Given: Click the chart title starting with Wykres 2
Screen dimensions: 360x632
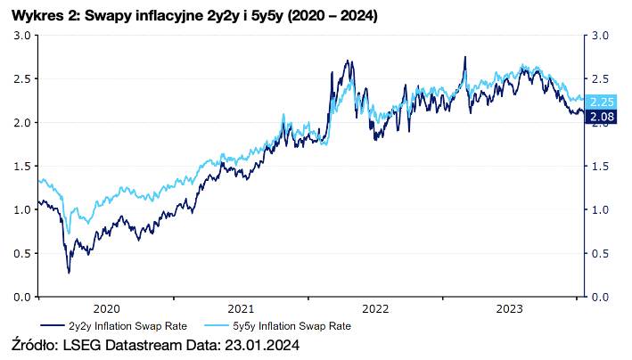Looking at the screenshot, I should [194, 16].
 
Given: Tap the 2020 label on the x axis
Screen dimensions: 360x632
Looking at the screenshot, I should [106, 308].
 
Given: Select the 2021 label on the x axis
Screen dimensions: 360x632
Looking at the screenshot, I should [241, 308].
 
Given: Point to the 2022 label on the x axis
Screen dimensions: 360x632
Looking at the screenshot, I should [375, 308].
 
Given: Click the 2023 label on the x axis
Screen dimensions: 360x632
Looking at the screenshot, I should [510, 308].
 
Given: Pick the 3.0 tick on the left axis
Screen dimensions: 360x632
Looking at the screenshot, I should [23, 36].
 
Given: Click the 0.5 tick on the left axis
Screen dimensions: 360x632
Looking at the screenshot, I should [23, 253].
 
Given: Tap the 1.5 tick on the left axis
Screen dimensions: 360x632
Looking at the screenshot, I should [23, 167].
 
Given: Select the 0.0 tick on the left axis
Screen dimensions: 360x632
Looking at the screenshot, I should [23, 297].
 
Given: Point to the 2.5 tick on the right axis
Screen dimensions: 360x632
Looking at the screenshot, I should [600, 79].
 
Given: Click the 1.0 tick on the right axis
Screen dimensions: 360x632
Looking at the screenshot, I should [600, 210].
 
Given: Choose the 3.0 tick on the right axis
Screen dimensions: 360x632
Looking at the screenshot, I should [600, 36].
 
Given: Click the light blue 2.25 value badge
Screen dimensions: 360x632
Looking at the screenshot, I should [602, 101].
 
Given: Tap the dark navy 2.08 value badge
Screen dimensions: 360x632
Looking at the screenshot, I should [602, 116].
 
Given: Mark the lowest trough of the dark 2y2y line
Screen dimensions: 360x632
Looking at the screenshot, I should [69, 272].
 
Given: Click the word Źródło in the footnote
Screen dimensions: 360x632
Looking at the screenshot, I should [35, 345].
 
